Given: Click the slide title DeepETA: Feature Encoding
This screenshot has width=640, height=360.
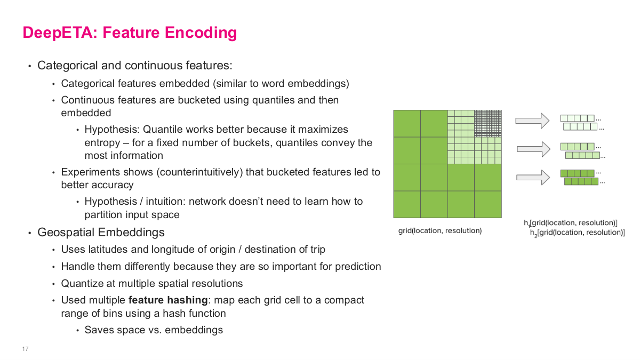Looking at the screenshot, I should click(130, 33).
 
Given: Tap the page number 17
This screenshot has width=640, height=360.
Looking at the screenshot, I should click(25, 349).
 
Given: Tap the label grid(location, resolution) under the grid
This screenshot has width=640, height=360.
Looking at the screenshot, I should click(440, 231).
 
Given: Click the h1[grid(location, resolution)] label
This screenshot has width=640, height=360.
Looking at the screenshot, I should click(570, 223).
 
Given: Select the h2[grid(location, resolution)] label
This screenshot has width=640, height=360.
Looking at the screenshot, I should click(577, 233).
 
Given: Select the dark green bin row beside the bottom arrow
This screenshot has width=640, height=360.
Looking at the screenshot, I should click(577, 173).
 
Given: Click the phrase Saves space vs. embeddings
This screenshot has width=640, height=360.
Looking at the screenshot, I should click(154, 330).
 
